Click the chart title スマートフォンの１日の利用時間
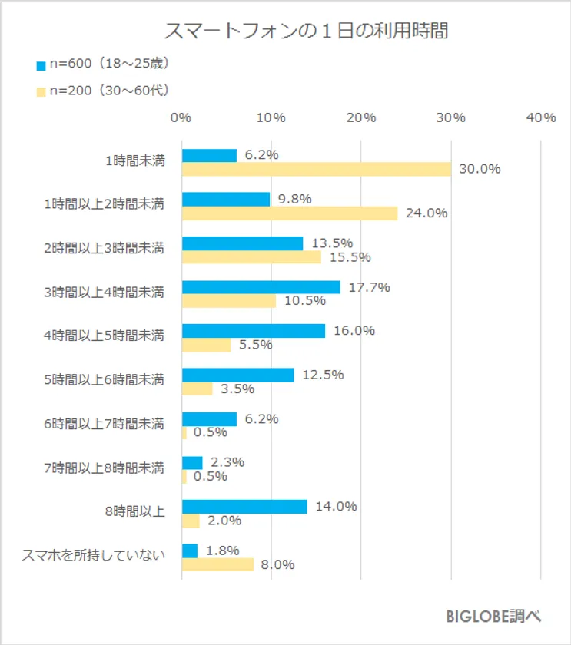[x=306, y=32]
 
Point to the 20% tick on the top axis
[x=360, y=117]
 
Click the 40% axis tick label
[x=541, y=117]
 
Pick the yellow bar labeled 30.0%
[x=316, y=169]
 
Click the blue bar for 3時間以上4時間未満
[x=261, y=287]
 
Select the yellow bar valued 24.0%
[x=289, y=213]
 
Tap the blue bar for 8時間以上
[x=244, y=507]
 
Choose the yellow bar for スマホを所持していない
[x=217, y=564]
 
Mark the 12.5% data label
[x=323, y=375]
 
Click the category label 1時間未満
[x=134, y=161]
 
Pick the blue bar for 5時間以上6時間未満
[x=237, y=375]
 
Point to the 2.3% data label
[x=227, y=462]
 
